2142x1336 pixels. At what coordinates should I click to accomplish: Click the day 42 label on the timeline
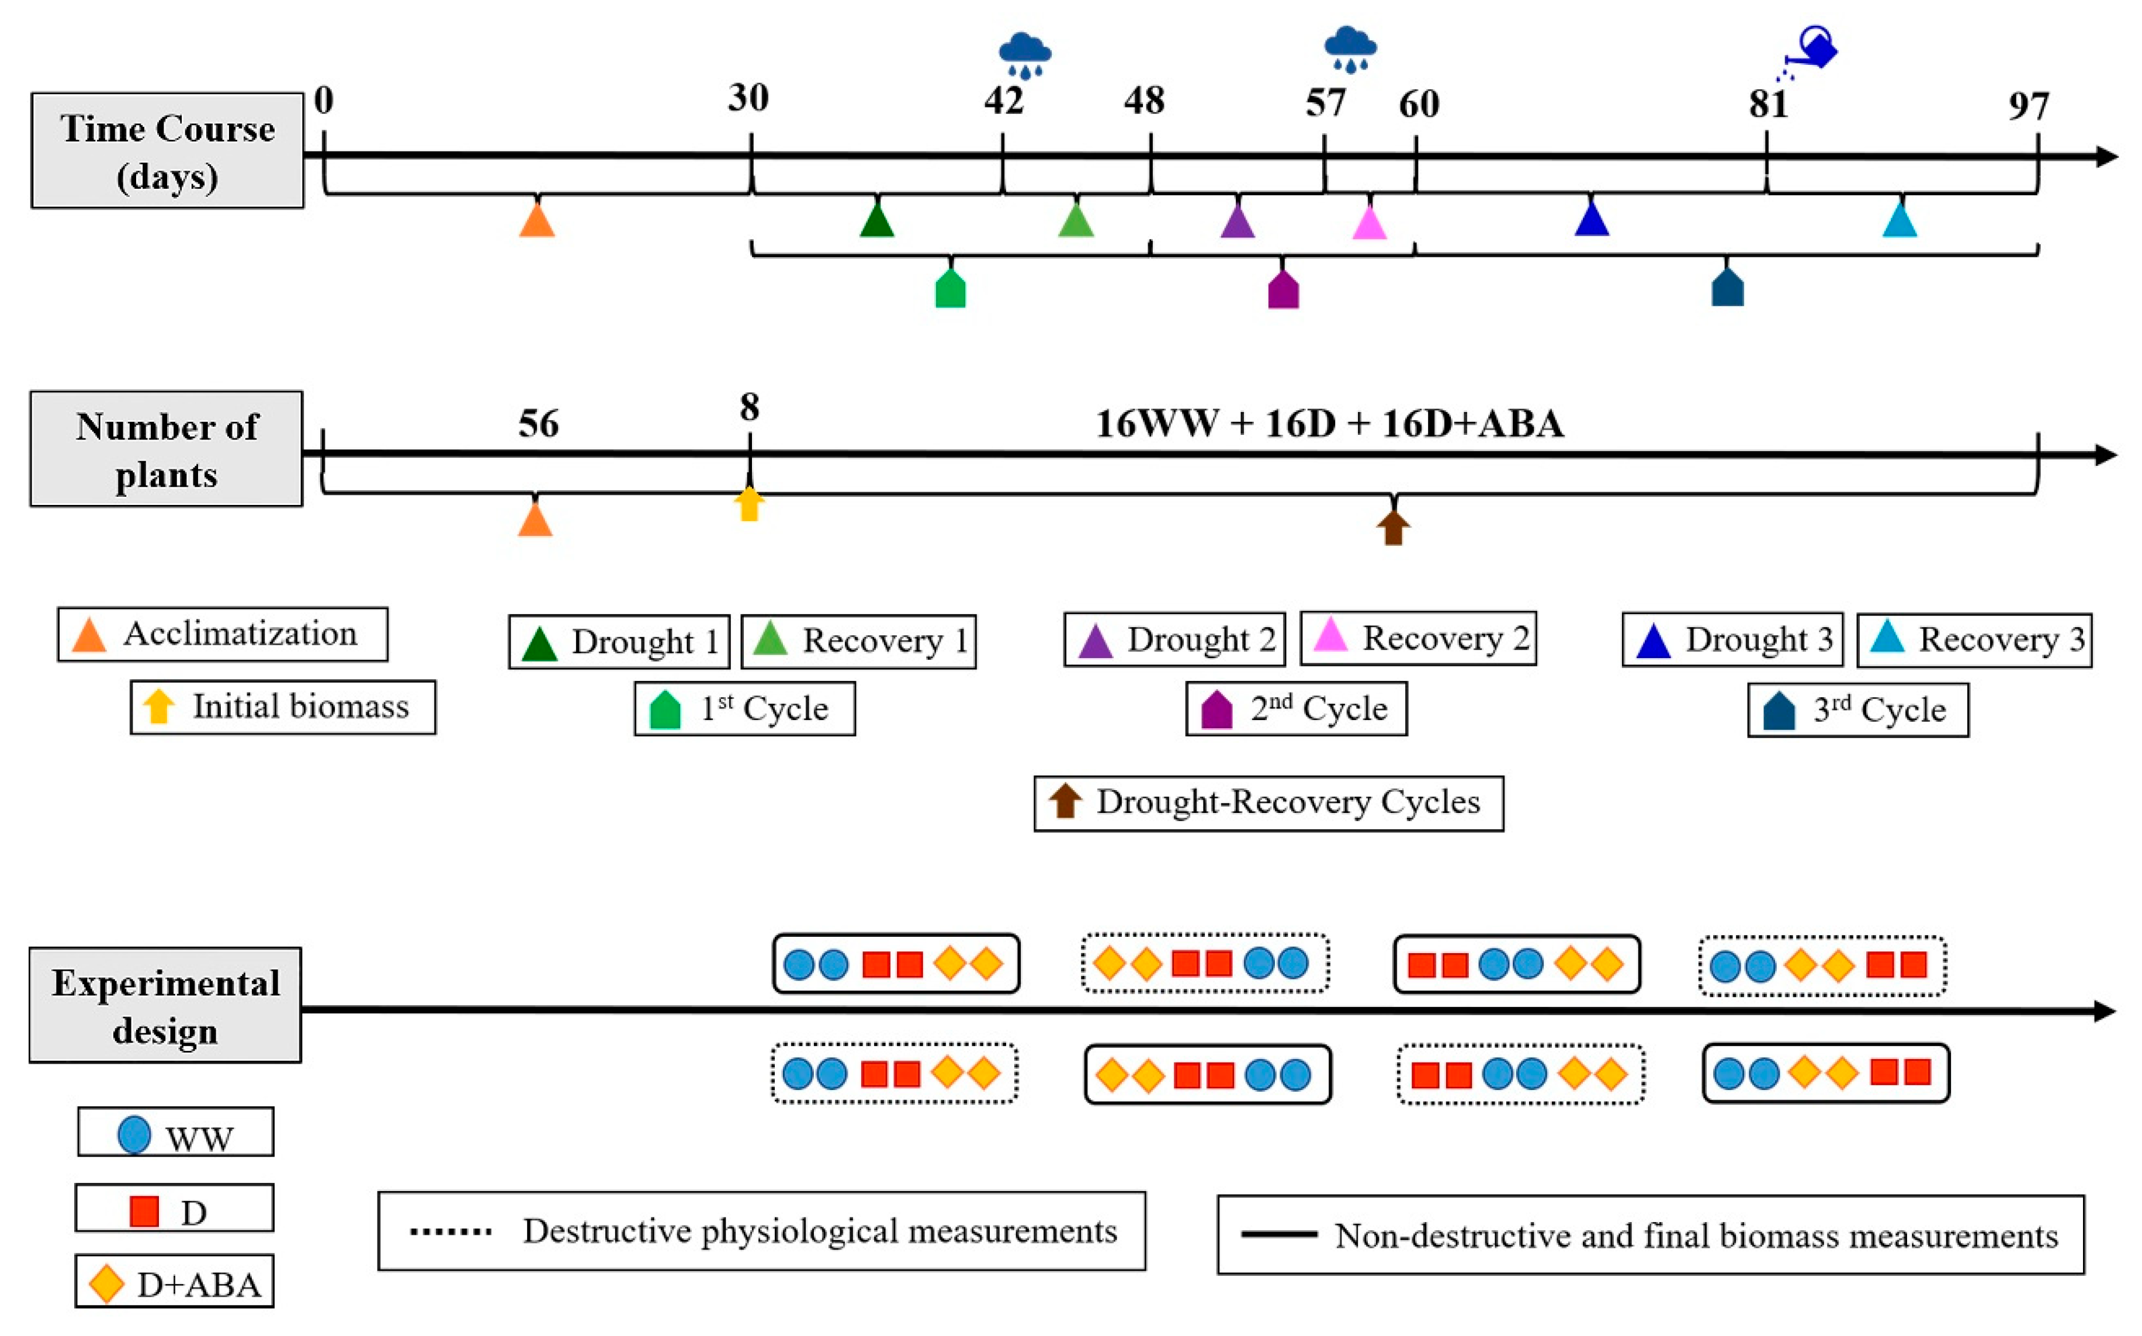point(1003,101)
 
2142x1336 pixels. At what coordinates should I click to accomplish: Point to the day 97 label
point(2028,106)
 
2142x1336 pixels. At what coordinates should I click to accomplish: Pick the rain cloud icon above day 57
point(1350,49)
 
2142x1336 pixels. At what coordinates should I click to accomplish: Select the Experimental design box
point(165,1006)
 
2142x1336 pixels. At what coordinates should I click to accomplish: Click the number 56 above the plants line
point(538,424)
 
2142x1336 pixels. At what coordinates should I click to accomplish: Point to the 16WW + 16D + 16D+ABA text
point(1329,424)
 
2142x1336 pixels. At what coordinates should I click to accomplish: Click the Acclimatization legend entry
point(223,635)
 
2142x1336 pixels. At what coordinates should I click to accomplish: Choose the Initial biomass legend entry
point(283,707)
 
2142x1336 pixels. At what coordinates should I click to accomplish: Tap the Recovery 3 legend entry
point(1974,640)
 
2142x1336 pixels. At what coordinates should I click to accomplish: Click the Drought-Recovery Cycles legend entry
point(1268,803)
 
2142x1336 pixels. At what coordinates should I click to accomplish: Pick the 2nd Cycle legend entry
point(1296,709)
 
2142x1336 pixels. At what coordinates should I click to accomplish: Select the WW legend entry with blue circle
point(176,1133)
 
